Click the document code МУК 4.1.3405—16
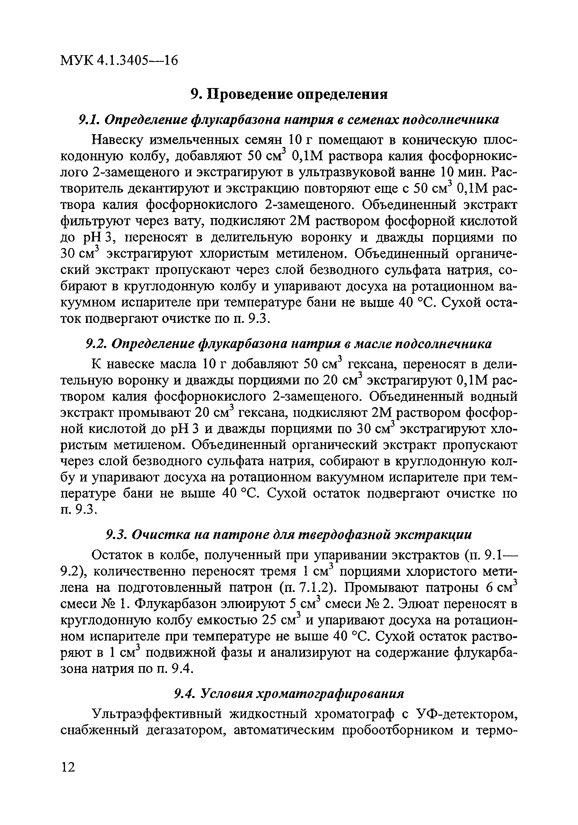tap(119, 60)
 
